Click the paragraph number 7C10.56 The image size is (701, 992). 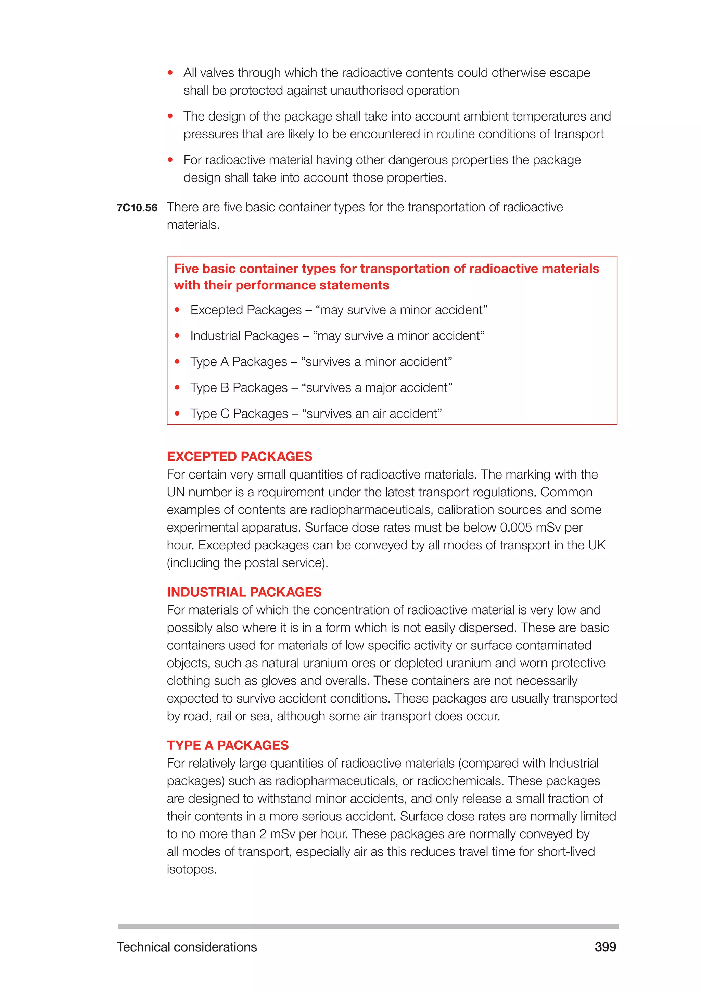coord(137,208)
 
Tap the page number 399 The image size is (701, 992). coord(605,947)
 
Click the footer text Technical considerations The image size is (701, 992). coord(187,947)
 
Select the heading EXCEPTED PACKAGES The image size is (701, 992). coord(239,456)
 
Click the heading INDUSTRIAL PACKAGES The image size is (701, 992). coord(244,592)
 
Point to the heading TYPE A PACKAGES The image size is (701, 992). coord(228,745)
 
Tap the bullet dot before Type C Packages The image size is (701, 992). coord(177,413)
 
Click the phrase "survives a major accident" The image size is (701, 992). coord(377,387)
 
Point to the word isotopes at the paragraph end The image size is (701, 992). coord(191,869)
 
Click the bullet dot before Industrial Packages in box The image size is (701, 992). coord(177,336)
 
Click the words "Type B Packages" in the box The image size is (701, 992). coord(239,387)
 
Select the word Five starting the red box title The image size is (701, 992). coord(186,269)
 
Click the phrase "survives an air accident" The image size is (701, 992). coord(372,413)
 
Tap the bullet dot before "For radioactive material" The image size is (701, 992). coord(170,160)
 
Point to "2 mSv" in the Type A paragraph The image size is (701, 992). coord(277,834)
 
